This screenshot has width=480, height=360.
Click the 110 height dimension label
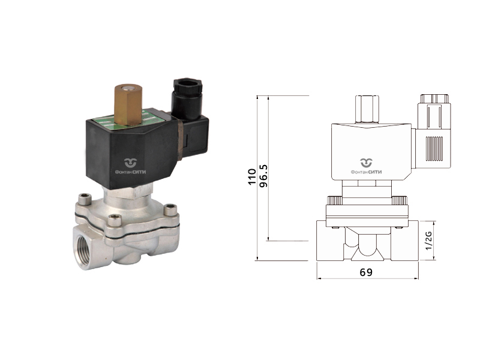(x=252, y=176)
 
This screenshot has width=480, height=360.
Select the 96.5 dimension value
(x=263, y=176)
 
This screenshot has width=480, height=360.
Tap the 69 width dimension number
(x=366, y=272)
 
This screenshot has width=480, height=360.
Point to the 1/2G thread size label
(x=429, y=241)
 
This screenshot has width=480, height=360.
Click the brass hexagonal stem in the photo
(x=128, y=104)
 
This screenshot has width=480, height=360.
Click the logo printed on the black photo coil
(x=130, y=167)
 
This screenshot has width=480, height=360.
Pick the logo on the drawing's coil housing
(x=366, y=167)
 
